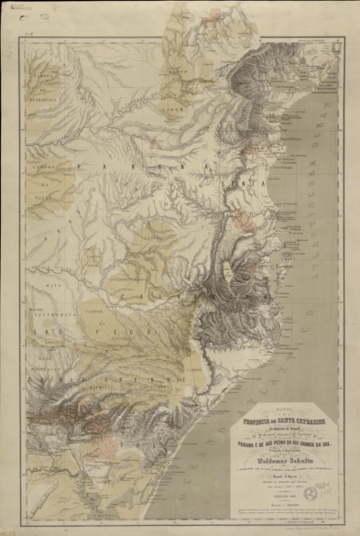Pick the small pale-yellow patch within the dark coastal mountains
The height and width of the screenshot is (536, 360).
pos(225,268)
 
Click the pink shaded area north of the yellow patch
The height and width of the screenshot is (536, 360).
pos(242,221)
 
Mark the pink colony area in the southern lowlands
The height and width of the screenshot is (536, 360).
pos(108,447)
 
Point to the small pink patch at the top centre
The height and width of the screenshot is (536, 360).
pos(215,15)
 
